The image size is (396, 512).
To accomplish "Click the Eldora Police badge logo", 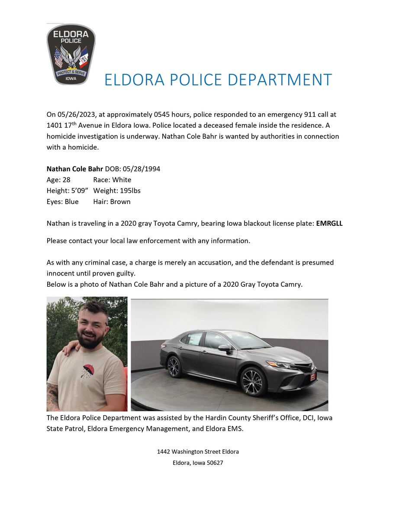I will [x=71, y=54].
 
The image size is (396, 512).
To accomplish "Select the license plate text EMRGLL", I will [x=329, y=224].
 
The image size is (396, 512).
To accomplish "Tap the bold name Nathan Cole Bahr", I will [x=75, y=169].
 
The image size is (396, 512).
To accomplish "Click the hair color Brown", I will [x=120, y=202].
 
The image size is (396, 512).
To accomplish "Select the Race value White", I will [x=122, y=180].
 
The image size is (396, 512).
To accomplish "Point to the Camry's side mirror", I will [x=225, y=347].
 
